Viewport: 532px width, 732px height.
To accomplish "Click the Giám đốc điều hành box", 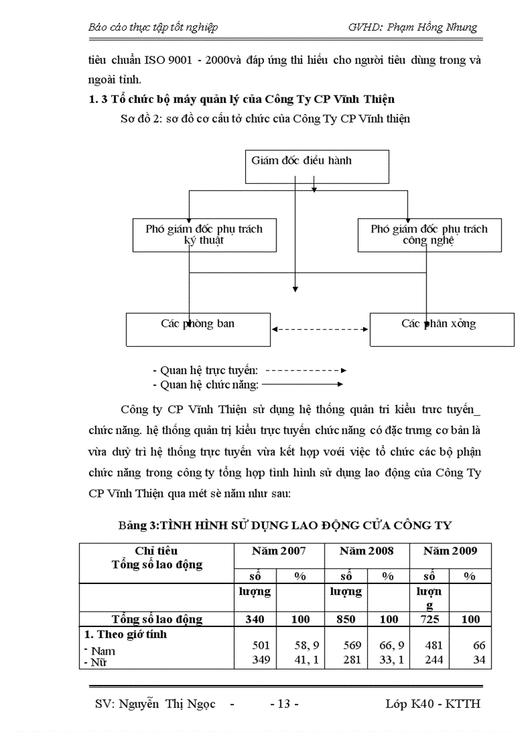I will click(x=317, y=166).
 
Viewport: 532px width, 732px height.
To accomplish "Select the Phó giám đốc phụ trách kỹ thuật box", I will click(x=204, y=235).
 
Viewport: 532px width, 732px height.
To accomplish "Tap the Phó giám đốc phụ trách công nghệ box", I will click(x=429, y=235).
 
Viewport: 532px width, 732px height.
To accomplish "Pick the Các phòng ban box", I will click(x=198, y=329).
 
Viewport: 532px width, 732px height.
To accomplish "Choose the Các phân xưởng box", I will click(x=441, y=329).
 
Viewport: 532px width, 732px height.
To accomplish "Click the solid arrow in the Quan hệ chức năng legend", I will click(x=303, y=385).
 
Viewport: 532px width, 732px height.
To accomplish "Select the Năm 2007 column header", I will click(x=278, y=551).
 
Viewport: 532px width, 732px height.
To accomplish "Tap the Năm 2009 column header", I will click(x=450, y=551).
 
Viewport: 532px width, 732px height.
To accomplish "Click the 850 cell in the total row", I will click(x=346, y=619).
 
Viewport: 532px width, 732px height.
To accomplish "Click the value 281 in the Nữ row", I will click(x=346, y=660).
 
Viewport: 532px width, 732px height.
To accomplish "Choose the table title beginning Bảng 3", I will click(x=285, y=525).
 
